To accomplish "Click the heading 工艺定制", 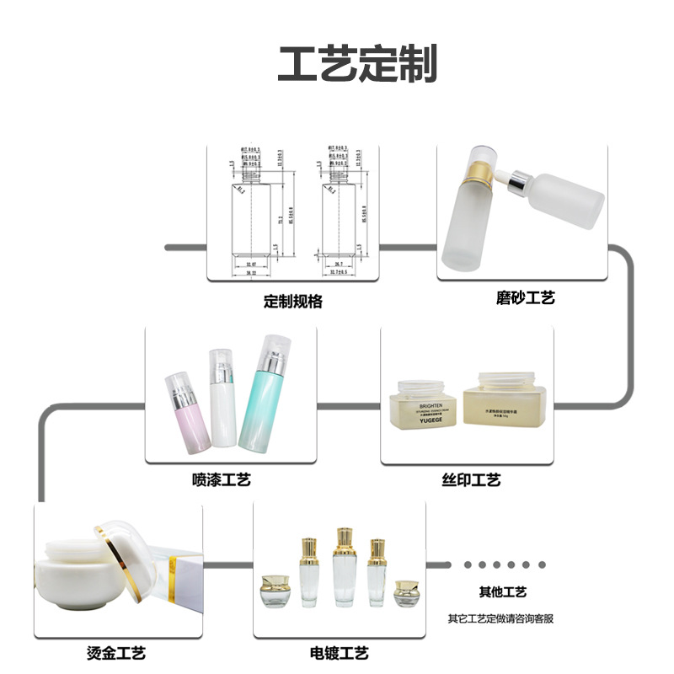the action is tap(358, 64).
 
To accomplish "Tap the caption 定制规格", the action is tap(292, 302).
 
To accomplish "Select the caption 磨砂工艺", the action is tap(526, 297).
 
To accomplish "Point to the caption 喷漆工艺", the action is tap(222, 480).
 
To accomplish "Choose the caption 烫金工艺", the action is tap(117, 653).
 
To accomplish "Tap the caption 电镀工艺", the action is tap(340, 653).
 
